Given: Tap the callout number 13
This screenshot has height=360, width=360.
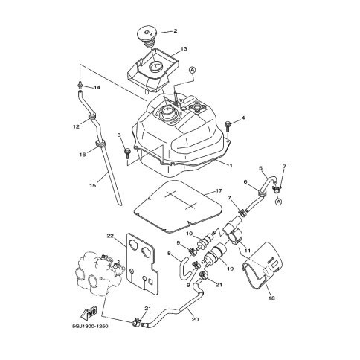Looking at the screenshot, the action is click(x=184, y=48).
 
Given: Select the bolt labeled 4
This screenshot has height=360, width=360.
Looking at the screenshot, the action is click(x=228, y=126).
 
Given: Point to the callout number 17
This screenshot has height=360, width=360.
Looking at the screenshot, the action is click(x=219, y=191).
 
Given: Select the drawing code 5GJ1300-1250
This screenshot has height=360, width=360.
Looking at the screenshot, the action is click(x=90, y=326).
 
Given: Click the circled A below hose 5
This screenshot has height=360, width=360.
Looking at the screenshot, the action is click(x=278, y=202).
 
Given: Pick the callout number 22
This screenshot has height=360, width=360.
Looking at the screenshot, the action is click(x=110, y=236).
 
